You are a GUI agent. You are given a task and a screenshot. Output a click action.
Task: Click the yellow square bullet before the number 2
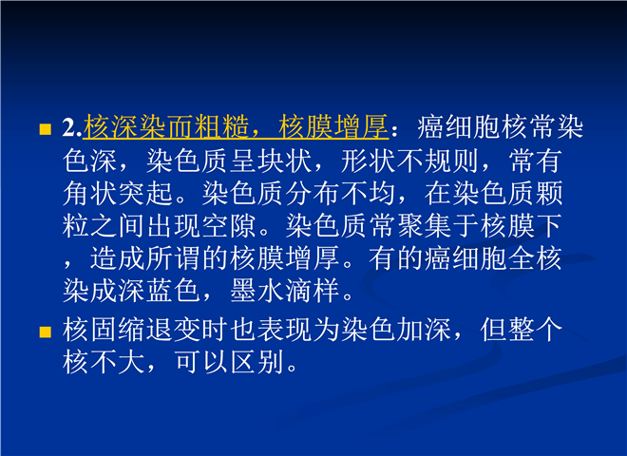point(46,129)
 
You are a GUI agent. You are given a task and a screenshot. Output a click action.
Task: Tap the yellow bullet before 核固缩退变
point(46,332)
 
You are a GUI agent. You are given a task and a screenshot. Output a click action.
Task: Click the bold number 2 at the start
point(69,127)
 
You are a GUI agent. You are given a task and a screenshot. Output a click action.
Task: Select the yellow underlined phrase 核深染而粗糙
point(166,126)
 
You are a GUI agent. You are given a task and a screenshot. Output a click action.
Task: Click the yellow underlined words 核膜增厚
point(333,126)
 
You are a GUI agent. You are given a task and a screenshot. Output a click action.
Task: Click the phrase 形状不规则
point(409,161)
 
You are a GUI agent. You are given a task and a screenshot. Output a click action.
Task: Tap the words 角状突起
point(118,194)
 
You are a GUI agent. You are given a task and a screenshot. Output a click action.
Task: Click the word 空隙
point(229,226)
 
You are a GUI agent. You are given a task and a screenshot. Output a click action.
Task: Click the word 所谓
point(173,258)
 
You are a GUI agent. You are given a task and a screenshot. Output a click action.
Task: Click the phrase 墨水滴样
point(285,291)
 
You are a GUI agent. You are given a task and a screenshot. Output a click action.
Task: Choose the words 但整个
point(522,331)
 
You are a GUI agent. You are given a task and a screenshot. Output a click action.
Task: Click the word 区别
point(257,362)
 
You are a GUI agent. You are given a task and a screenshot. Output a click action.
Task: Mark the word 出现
point(173,226)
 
